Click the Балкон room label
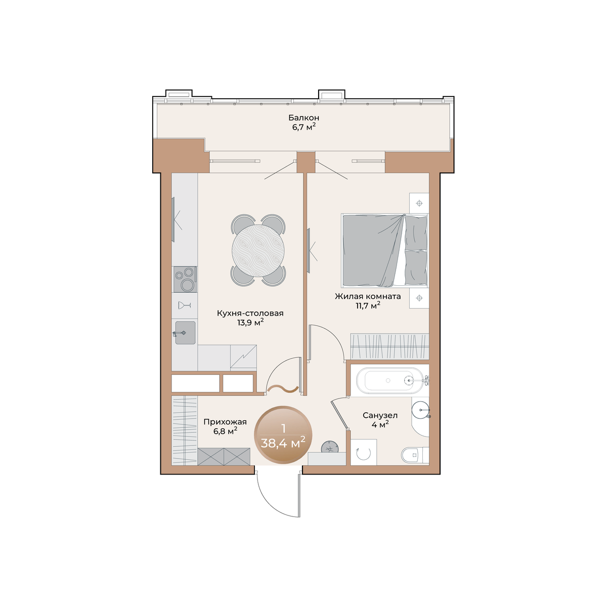pos(303,118)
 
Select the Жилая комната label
pos(368,296)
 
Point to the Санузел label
pos(380,415)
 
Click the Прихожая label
pos(225,422)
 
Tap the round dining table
pos(258,251)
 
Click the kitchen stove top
pos(185,279)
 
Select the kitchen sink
pos(185,333)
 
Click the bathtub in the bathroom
pos(389,380)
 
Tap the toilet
pos(415,455)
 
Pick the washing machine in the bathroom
pos(364,452)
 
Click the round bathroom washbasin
pos(420,410)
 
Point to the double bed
pos(385,251)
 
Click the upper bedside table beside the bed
pos(419,203)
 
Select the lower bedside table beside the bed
pos(419,298)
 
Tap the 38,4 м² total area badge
pos(283,435)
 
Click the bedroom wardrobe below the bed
pos(389,346)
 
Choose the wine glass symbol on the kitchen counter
pos(185,305)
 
